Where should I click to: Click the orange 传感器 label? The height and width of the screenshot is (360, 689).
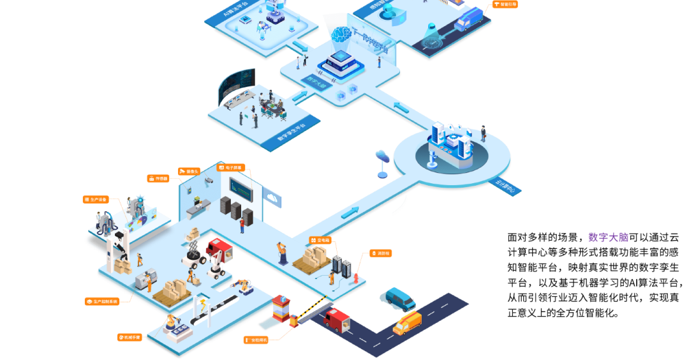[159, 179]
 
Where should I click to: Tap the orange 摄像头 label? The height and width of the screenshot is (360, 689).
[189, 171]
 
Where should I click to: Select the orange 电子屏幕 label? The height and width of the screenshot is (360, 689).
[230, 168]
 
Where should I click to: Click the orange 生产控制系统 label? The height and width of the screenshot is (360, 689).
[103, 301]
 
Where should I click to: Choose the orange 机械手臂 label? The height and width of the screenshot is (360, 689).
[130, 336]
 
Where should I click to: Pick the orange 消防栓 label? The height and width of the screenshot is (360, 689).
[380, 253]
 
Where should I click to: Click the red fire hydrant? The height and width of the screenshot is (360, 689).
[357, 279]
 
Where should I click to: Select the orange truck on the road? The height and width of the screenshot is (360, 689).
[407, 323]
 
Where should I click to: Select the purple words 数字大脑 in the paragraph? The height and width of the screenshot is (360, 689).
[609, 237]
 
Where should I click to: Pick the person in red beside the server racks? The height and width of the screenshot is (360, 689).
[242, 223]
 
